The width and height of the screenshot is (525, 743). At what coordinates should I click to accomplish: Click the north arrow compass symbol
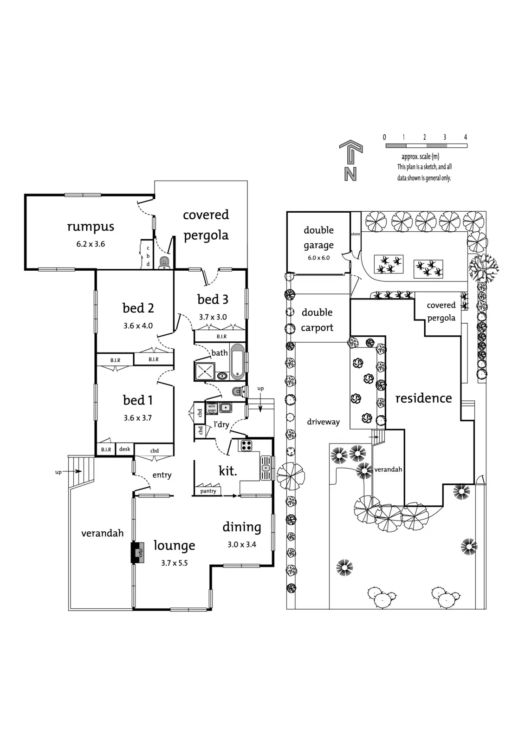pos(350,161)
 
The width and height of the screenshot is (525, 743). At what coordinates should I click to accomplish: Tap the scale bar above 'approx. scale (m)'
pos(427,146)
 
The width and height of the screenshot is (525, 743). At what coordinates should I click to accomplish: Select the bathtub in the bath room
pos(237,362)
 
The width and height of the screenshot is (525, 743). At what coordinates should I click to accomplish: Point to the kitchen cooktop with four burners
pos(246,445)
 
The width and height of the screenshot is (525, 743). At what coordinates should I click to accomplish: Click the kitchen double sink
pos(266,468)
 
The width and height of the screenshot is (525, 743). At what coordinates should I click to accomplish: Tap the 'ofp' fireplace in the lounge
pos(138,553)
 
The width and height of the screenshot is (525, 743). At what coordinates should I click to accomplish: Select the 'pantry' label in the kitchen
pos(208,491)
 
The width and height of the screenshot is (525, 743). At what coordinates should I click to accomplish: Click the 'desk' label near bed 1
pos(125,449)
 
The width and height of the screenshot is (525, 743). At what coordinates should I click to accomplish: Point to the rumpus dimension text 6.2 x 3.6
pos(91,244)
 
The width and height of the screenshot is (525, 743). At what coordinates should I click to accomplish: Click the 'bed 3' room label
pos(213,299)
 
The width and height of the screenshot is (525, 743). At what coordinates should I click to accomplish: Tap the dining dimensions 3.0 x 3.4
pos(242,544)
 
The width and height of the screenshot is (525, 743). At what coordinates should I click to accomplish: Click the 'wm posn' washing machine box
pos(212,408)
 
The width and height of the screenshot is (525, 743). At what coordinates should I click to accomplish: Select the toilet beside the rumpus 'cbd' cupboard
pos(164,262)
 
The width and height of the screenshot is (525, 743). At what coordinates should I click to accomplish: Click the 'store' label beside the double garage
pos(356,234)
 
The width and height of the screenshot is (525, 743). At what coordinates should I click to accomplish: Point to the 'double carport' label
pos(317,320)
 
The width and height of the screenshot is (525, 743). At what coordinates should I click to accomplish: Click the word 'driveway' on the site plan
pos(324,422)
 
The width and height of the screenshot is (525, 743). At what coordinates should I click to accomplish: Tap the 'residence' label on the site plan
pos(423,398)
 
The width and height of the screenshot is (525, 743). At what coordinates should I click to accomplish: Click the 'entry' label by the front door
pos(162,475)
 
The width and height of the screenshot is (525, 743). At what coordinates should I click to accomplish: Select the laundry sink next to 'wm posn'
pos(226,407)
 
